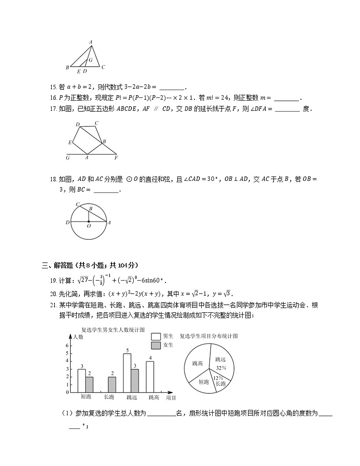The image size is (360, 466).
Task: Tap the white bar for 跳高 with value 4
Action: [150, 376]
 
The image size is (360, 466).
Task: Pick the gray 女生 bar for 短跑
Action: [89, 384]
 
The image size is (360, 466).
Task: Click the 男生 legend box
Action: [156, 336]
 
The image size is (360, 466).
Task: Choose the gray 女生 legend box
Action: [156, 345]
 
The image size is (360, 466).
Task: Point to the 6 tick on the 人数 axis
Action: [68, 345]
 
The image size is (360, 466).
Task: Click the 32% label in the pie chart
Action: [221, 368]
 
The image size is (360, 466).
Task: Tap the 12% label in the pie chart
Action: [218, 378]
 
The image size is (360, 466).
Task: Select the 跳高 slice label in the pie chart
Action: [197, 363]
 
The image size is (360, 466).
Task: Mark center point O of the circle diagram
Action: [88, 222]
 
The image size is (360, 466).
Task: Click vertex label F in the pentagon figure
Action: [116, 158]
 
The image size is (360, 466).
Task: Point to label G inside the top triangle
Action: [91, 60]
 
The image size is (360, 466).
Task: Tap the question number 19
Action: [53, 280]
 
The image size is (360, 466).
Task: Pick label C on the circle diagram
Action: [78, 204]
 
